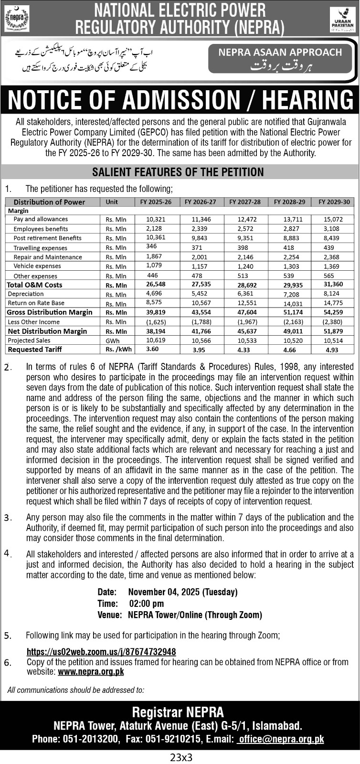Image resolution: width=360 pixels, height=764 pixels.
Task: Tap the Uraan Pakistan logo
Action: (342, 19)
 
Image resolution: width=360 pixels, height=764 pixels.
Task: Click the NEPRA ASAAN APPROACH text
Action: (280, 53)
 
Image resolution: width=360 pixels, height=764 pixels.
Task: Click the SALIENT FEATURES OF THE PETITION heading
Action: (178, 172)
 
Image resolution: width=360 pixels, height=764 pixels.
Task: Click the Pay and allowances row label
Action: (41, 219)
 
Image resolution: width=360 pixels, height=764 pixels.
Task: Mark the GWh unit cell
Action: (113, 341)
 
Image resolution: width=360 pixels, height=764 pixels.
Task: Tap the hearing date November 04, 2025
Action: (182, 592)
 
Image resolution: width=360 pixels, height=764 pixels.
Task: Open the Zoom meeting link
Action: (101, 652)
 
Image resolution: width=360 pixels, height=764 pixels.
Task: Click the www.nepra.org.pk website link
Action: (91, 671)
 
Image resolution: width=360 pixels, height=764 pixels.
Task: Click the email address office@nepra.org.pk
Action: (281, 739)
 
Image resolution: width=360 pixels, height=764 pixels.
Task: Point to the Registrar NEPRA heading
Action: (178, 713)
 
